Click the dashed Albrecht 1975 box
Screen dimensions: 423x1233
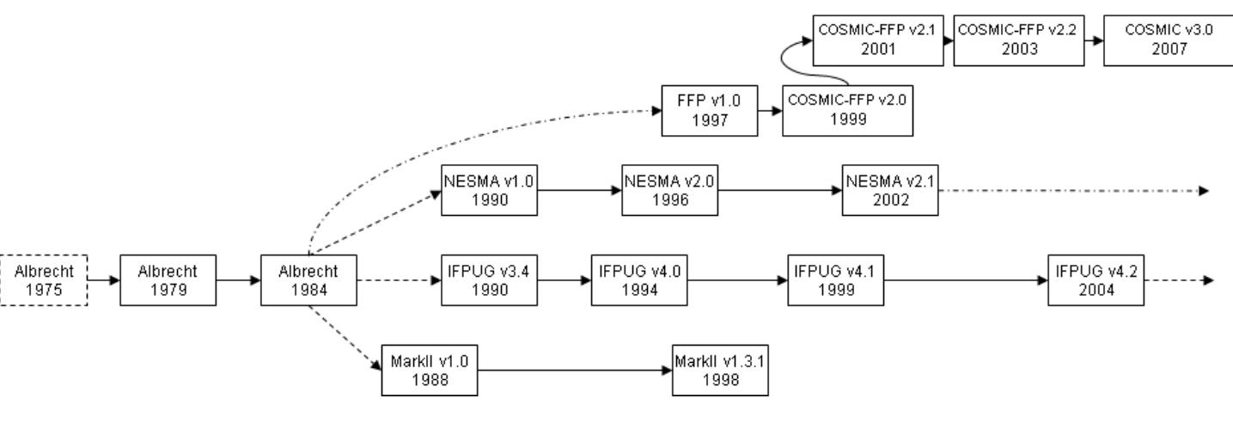click(45, 279)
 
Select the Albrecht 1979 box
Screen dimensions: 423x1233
click(168, 279)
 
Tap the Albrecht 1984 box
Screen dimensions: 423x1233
click(308, 279)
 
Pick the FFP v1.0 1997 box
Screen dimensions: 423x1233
click(711, 110)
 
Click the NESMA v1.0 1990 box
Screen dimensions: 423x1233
click(488, 189)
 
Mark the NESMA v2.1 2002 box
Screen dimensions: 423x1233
click(891, 189)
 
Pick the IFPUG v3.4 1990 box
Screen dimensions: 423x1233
click(488, 279)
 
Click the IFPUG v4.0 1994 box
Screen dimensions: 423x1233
click(638, 279)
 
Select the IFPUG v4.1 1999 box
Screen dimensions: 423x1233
click(836, 279)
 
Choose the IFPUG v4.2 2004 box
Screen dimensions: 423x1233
click(1096, 279)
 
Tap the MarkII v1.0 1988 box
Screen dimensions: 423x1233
click(429, 370)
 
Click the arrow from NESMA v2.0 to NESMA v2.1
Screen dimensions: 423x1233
click(779, 189)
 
